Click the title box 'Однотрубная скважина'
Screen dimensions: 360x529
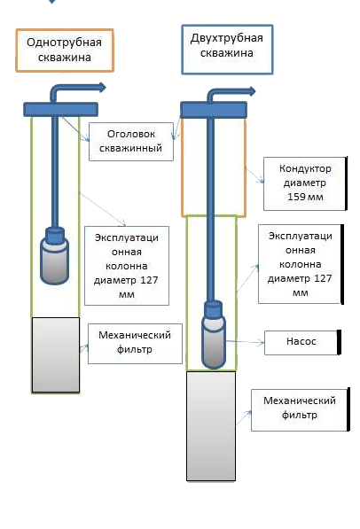(65, 51)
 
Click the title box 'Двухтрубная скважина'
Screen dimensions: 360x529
(227, 50)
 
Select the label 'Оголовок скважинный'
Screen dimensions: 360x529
(131, 142)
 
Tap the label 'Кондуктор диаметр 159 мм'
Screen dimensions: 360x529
(305, 183)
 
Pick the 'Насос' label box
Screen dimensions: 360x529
(302, 342)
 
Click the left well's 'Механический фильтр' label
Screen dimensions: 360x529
(135, 344)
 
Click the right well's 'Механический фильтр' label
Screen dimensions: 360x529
(300, 409)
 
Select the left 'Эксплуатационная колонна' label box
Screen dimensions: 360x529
(126, 266)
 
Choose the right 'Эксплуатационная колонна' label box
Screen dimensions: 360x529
(301, 264)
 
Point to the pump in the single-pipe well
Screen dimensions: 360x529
(54, 256)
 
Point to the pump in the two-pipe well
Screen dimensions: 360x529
(214, 335)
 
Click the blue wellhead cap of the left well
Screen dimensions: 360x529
(61, 109)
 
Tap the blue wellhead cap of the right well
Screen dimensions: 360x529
(214, 110)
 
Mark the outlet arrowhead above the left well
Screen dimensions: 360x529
(102, 88)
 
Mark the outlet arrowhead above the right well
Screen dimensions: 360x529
(252, 91)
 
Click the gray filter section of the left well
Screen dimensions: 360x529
(56, 355)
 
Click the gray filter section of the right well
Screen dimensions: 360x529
(211, 425)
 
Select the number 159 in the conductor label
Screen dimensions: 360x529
(296, 197)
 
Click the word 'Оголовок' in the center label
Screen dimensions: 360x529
(131, 135)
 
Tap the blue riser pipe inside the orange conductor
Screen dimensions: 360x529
(210, 167)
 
